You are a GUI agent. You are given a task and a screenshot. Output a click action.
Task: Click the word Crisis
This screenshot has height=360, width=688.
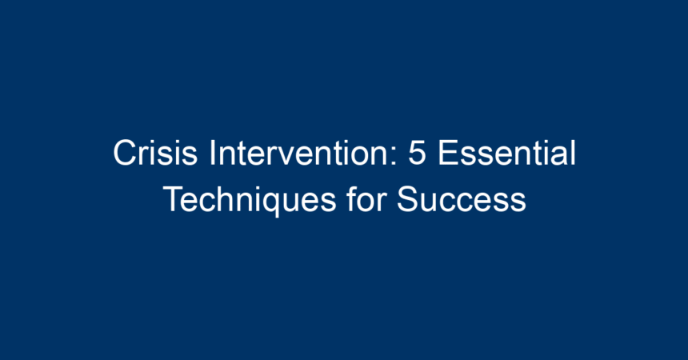coord(155,153)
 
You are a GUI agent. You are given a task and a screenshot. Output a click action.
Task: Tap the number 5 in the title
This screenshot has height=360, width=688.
coord(418,153)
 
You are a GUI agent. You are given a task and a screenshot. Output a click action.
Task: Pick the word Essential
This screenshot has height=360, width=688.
coord(506,153)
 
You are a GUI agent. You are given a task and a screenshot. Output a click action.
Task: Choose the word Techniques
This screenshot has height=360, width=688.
coord(250,200)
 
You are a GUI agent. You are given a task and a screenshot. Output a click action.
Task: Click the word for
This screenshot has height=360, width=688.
coord(366,199)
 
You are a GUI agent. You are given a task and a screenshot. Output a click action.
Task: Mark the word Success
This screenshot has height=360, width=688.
coord(461,199)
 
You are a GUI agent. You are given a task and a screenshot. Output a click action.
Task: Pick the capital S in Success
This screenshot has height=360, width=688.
coord(408,199)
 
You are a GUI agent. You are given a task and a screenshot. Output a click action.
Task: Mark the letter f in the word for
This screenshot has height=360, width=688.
coord(351,199)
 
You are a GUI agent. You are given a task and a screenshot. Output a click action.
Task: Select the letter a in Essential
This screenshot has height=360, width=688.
coord(558,157)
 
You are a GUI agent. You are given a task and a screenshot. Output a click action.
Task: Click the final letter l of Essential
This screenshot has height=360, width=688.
coord(573,153)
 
